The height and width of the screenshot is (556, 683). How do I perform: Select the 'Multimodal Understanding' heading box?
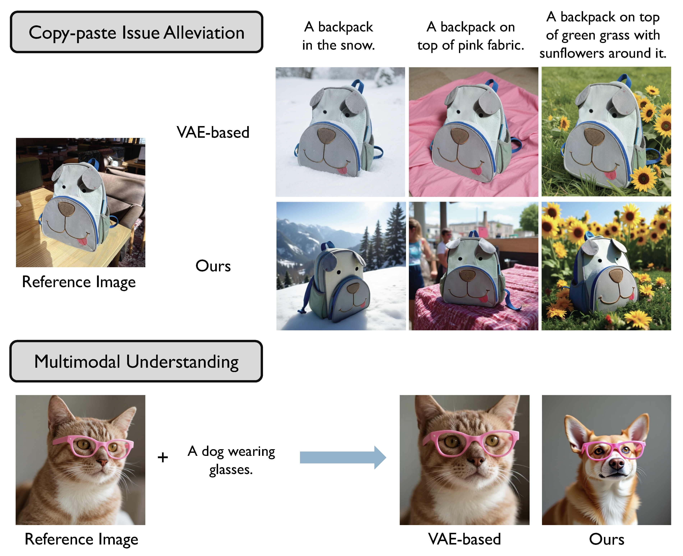click(x=136, y=361)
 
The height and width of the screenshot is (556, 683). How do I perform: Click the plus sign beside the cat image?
click(x=163, y=457)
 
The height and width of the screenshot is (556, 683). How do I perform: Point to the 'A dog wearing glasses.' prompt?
click(x=231, y=460)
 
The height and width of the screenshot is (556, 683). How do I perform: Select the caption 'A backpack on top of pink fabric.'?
click(x=471, y=36)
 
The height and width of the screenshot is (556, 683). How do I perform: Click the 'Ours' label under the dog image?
click(x=606, y=539)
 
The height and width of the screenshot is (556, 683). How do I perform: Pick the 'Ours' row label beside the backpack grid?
click(x=213, y=266)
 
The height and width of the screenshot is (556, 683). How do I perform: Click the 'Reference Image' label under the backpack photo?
click(x=79, y=282)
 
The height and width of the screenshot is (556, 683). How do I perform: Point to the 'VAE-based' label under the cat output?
click(x=465, y=539)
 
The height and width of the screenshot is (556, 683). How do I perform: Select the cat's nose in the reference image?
click(x=103, y=462)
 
